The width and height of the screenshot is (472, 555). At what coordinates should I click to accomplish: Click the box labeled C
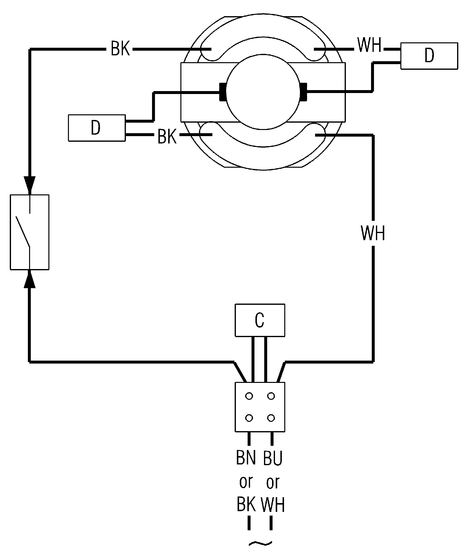[x=260, y=320]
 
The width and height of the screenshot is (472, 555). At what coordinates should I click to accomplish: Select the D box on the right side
[x=429, y=56]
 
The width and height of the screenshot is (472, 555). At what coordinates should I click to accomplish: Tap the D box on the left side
[x=97, y=128]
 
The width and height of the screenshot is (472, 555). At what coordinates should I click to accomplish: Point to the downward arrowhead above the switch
[x=30, y=183]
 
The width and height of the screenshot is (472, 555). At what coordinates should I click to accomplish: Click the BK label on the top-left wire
[x=120, y=49]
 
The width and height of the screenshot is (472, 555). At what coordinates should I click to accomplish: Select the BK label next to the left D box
[x=167, y=137]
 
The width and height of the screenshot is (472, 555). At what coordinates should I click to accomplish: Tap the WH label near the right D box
[x=369, y=45]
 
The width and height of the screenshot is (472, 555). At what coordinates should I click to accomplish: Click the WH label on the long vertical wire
[x=373, y=233]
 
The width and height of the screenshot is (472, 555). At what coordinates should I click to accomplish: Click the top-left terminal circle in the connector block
[x=249, y=396]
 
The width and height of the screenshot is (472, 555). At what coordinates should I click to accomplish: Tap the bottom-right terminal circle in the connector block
[x=271, y=418]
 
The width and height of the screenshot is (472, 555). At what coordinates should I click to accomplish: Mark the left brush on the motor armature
[x=222, y=92]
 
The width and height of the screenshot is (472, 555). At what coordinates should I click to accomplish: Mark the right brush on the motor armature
[x=304, y=92]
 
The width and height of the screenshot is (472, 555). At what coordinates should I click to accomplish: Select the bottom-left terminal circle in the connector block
[x=249, y=418]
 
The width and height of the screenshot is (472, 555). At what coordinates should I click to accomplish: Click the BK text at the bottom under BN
[x=246, y=504]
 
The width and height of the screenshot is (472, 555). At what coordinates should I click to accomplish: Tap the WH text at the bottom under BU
[x=273, y=505]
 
